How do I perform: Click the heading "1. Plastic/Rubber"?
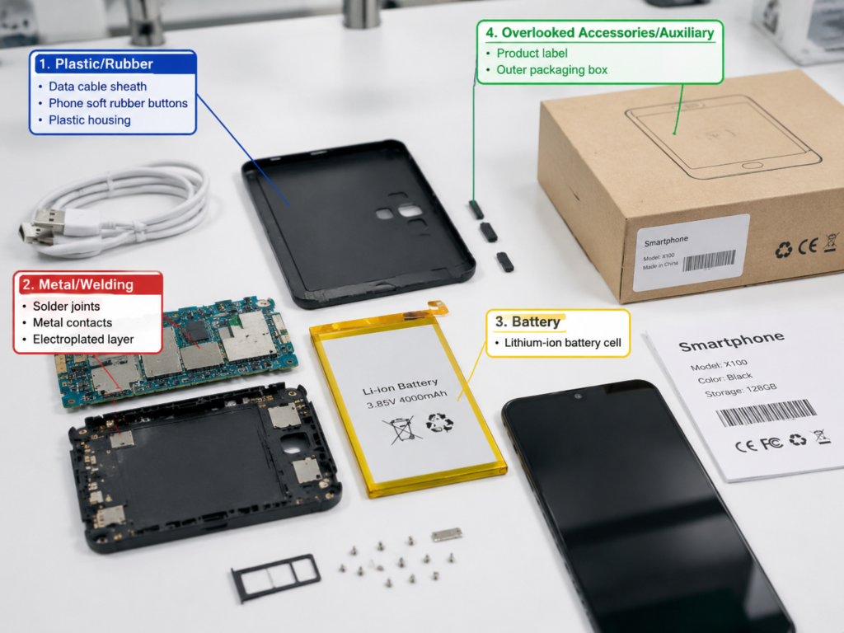(x=96, y=64)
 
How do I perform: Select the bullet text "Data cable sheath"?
(x=97, y=87)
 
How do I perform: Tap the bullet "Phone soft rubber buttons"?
(x=118, y=103)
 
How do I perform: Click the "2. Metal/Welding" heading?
(x=78, y=284)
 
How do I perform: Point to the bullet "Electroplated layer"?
(x=83, y=340)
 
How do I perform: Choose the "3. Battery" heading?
(x=527, y=322)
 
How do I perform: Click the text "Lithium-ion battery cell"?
(x=562, y=343)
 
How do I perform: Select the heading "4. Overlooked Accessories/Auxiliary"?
(x=600, y=33)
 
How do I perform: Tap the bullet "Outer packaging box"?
(x=551, y=70)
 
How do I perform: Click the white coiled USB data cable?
(x=115, y=210)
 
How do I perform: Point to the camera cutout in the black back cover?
(x=400, y=212)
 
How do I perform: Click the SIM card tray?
(x=275, y=577)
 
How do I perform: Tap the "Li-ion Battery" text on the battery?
(x=400, y=386)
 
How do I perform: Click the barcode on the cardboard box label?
(x=709, y=261)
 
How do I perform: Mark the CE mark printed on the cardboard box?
(x=808, y=246)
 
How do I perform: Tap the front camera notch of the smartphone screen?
(x=578, y=396)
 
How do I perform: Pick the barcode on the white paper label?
(x=766, y=414)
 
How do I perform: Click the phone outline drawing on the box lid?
(x=723, y=137)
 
